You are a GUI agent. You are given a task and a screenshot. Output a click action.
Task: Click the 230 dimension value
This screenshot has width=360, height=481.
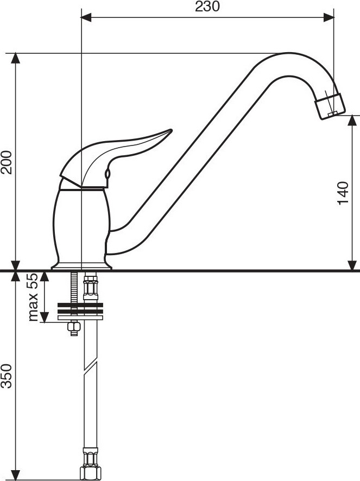click(207, 7)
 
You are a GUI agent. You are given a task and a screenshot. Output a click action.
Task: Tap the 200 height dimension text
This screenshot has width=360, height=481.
click(7, 162)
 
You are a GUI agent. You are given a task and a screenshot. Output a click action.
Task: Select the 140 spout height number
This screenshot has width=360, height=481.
click(343, 193)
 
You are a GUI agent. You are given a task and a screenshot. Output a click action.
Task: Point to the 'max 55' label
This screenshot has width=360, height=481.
click(33, 297)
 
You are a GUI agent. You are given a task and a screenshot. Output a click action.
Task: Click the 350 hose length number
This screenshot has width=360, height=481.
click(7, 376)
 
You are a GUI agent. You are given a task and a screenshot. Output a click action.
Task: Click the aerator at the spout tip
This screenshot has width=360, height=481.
click(330, 106)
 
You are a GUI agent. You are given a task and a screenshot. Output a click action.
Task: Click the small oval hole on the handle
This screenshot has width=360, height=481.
click(108, 174)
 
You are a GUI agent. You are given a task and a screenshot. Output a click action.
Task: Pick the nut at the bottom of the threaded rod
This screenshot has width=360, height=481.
click(74, 328)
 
